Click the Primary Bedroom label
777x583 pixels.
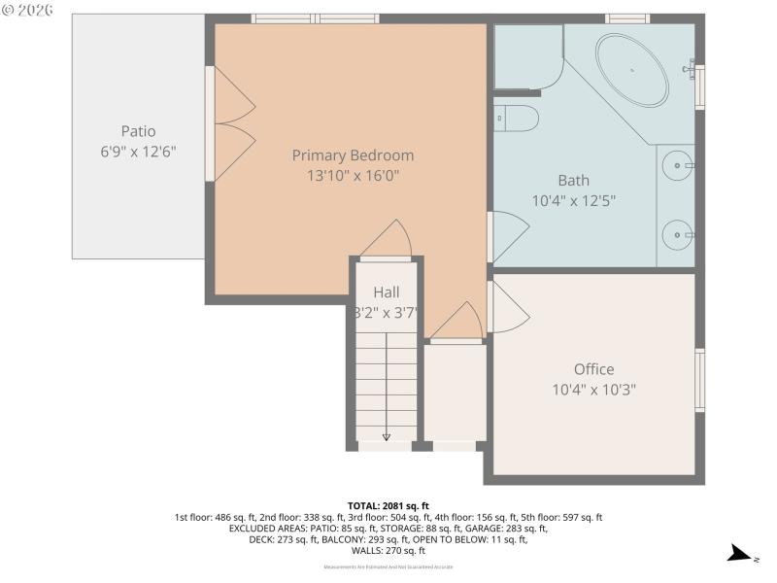click(x=353, y=155)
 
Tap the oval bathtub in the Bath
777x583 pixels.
click(x=631, y=71)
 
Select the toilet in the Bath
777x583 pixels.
click(x=517, y=119)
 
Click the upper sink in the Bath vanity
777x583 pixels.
click(x=677, y=166)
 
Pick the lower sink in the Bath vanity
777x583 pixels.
click(x=677, y=234)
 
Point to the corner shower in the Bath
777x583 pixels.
click(x=526, y=56)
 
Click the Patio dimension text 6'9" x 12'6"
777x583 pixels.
click(x=138, y=152)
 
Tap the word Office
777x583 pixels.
click(x=593, y=369)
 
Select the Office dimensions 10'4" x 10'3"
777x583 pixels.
click(x=593, y=390)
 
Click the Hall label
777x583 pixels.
click(x=387, y=291)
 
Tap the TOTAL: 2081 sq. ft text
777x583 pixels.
click(x=388, y=506)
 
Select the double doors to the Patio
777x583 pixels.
click(x=231, y=122)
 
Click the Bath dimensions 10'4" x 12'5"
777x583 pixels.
click(x=573, y=200)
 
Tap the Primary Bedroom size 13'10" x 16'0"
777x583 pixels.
click(x=353, y=176)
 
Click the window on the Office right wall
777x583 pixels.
click(x=699, y=380)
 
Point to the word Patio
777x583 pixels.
click(x=138, y=131)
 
